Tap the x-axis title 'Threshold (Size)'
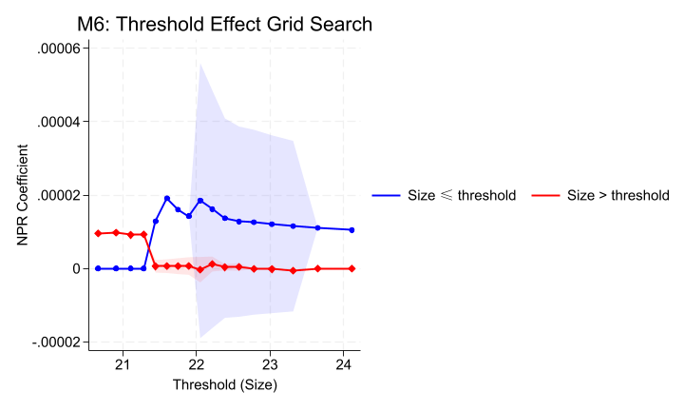(x=224, y=385)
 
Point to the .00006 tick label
(x=60, y=49)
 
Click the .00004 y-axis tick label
(x=60, y=122)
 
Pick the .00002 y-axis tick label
(x=60, y=195)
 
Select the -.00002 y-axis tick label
(x=58, y=342)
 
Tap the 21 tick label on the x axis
(x=123, y=364)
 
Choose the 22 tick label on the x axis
(x=197, y=364)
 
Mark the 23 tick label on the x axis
(x=270, y=364)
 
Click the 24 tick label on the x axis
(x=344, y=364)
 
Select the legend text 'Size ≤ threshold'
(x=461, y=195)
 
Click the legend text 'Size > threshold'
(x=618, y=195)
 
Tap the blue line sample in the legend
(x=384, y=195)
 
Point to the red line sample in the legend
(x=544, y=195)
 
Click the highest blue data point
(x=167, y=198)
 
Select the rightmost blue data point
(x=351, y=229)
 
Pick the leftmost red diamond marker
(x=98, y=233)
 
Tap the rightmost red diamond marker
(x=351, y=268)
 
